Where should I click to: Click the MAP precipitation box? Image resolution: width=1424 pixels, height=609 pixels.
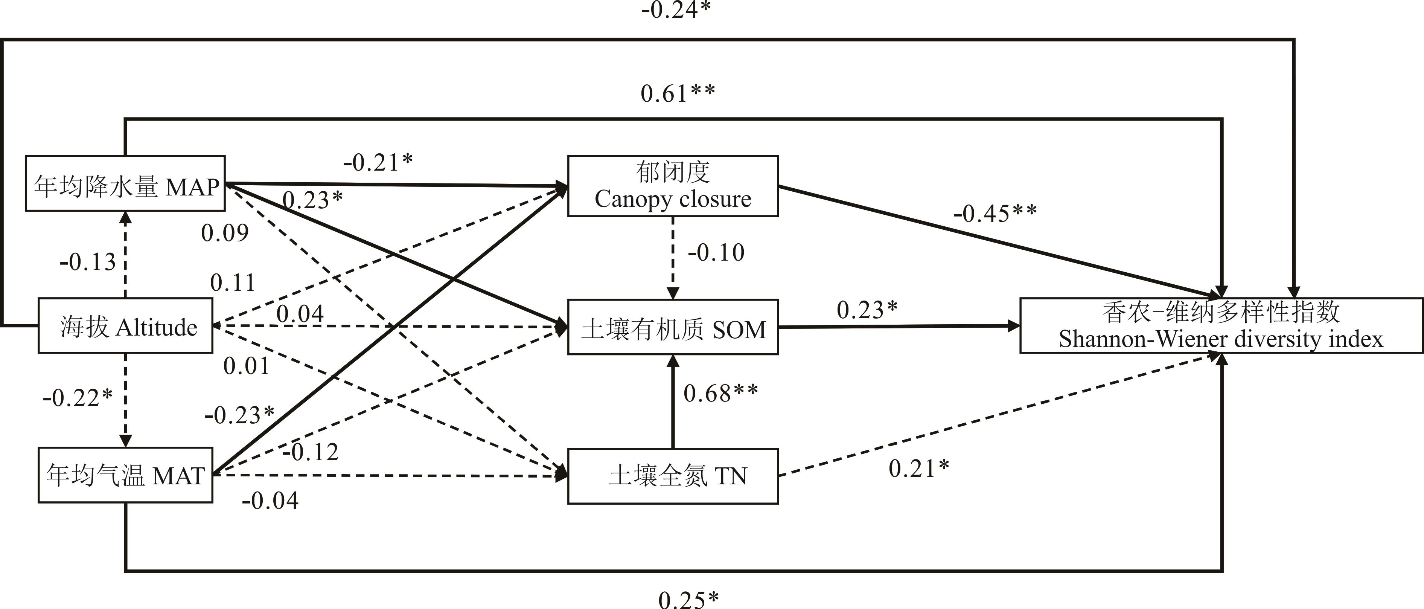125,184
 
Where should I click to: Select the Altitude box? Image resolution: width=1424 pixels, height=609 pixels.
125,326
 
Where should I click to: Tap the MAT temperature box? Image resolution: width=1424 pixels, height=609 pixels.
125,475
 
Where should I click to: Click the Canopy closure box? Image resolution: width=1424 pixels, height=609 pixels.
673,186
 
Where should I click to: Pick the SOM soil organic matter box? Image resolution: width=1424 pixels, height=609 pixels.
673,327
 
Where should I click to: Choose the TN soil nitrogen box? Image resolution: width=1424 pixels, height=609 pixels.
673,476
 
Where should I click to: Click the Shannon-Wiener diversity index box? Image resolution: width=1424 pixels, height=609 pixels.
1221,326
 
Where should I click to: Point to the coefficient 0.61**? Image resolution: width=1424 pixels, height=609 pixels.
678,93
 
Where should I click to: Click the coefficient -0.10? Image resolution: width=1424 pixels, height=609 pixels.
716,252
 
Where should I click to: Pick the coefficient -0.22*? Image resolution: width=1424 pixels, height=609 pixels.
78,397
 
